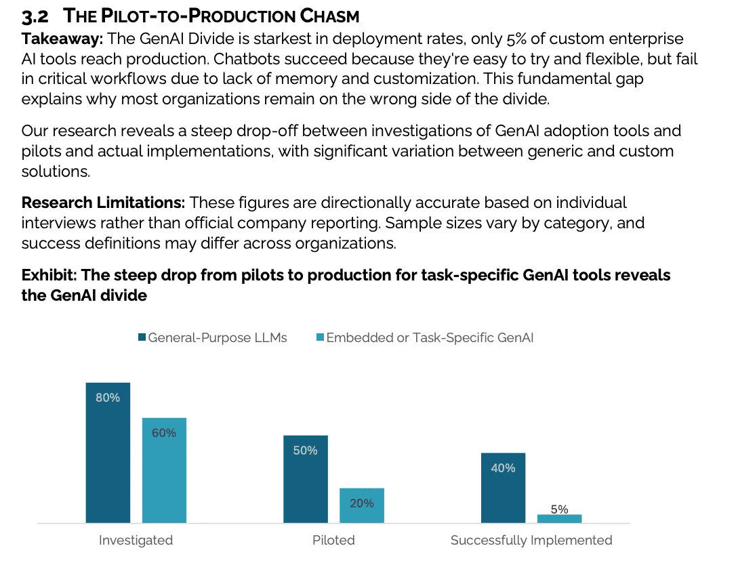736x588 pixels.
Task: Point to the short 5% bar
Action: pos(559,519)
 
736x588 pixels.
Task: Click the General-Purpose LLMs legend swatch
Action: pos(142,337)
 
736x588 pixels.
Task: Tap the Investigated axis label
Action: pos(136,540)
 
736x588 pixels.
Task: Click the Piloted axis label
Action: pos(333,540)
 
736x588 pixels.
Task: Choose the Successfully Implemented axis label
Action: pos(531,540)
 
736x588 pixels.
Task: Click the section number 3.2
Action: pos(35,16)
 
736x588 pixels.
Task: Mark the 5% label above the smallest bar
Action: pos(559,509)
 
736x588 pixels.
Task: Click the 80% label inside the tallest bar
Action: pos(108,398)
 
